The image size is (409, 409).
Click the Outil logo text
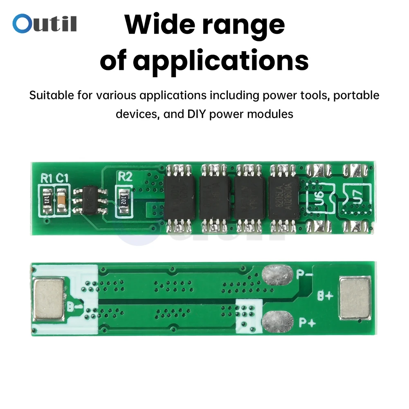coord(45,23)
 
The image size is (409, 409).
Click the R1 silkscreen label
coord(47,178)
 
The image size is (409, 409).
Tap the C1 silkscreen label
coord(62,178)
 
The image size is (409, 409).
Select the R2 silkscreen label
coord(125,177)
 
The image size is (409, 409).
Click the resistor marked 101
coord(47,200)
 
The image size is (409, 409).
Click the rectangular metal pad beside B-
coord(50,300)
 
